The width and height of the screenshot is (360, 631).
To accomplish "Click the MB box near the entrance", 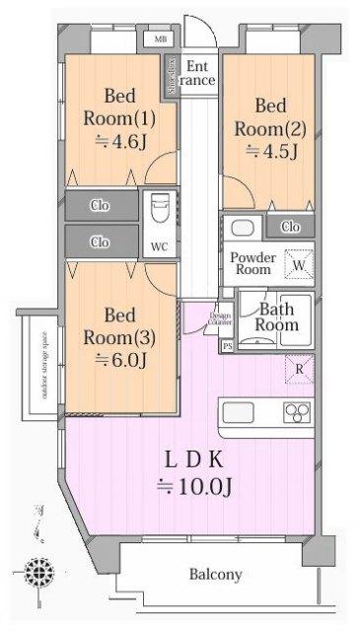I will [159, 40].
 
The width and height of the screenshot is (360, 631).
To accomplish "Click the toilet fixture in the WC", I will [159, 211].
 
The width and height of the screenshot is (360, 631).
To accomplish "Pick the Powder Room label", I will [252, 263].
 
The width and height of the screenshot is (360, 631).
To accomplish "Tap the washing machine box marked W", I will [297, 264].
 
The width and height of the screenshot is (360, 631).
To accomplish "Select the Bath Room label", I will [277, 316].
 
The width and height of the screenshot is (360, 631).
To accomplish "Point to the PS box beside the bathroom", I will [228, 345].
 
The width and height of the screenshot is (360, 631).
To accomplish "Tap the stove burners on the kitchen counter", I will [297, 412].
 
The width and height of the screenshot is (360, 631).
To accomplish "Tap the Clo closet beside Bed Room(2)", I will [290, 227].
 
